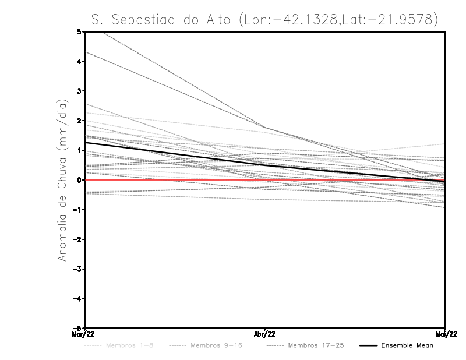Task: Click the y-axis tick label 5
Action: pos(79,32)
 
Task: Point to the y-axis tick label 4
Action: pos(79,62)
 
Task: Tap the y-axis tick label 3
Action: pos(79,91)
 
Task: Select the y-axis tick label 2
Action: pos(79,121)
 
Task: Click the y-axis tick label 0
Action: pos(79,180)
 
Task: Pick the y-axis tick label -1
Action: pos(77,210)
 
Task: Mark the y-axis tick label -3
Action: pos(77,269)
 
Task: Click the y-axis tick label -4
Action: pos(77,299)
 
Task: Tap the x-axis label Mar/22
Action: pos(85,334)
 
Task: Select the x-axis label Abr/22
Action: pos(265,334)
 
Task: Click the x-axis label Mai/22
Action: pos(444,334)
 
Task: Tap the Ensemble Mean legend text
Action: pos(407,345)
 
